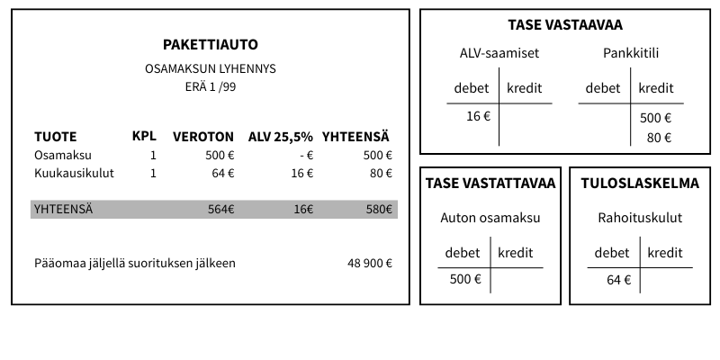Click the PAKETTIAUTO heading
[x=210, y=44]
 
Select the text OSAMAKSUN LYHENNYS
[x=210, y=68]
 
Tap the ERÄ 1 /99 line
[x=210, y=87]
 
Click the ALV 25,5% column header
[x=281, y=137]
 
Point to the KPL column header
[x=144, y=136]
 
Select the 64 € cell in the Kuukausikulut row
[x=223, y=173]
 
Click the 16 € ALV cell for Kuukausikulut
[x=302, y=173]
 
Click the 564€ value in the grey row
[x=220, y=210]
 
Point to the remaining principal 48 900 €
[x=369, y=264]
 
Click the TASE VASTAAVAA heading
[x=565, y=25]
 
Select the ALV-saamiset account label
[x=499, y=53]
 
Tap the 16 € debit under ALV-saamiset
[x=478, y=116]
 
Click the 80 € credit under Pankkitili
[x=659, y=138]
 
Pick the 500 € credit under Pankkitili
[x=656, y=117]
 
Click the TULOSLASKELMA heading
[x=640, y=184]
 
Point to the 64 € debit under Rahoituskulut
[x=619, y=279]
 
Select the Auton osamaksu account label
[x=490, y=217]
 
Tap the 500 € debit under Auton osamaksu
[x=465, y=279]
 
